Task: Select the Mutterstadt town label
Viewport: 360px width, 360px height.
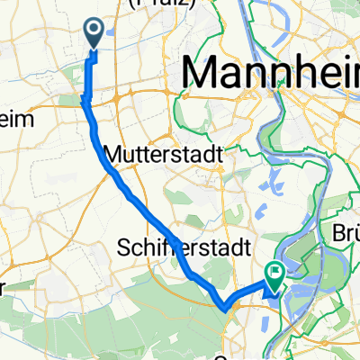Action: [164, 155]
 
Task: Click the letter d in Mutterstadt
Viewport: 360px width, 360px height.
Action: [208, 155]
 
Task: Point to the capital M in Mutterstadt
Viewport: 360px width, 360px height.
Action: [113, 155]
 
